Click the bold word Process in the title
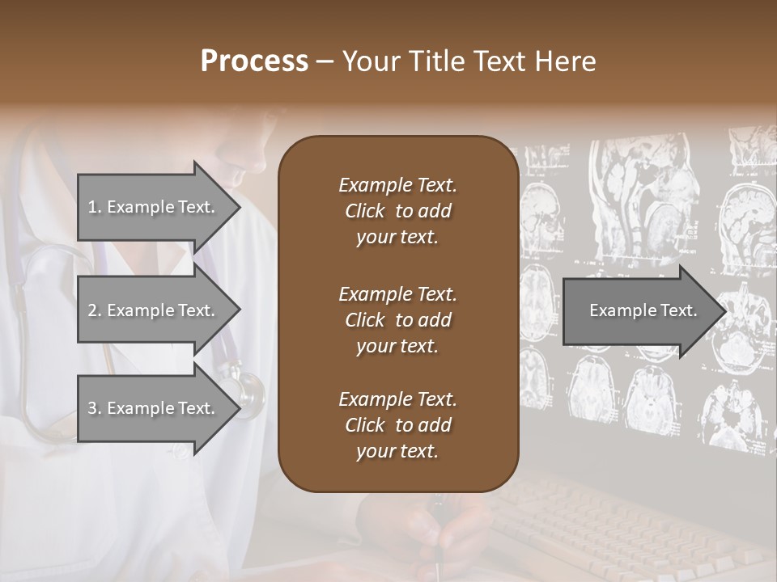pos(254,61)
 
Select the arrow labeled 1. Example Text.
pos(154,207)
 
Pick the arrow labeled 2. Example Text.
pos(154,310)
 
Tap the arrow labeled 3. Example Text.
pos(154,408)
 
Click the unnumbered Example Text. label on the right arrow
pos(643,310)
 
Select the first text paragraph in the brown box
pos(397,211)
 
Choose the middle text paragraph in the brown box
pos(397,320)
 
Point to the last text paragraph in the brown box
pos(397,425)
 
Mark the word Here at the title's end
pos(566,61)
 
